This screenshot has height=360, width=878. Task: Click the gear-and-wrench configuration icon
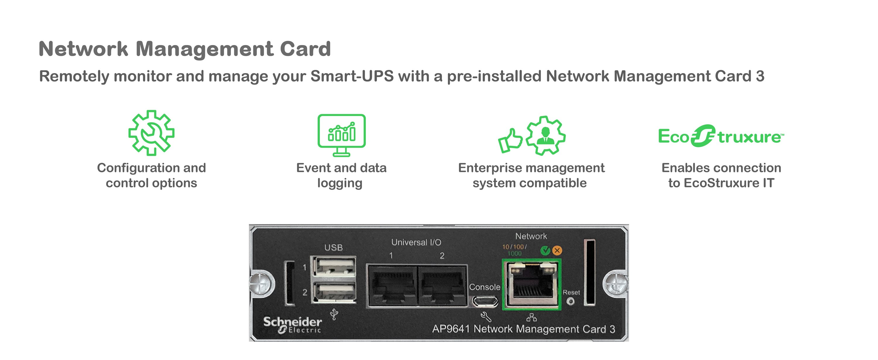pos(151,133)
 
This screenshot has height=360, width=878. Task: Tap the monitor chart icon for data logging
pos(341,135)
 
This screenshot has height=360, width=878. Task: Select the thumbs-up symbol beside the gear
pos(510,140)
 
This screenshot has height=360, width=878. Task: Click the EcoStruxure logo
pos(721,136)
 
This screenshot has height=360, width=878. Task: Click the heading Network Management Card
pos(185,49)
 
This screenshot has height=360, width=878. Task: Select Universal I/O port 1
pos(392,285)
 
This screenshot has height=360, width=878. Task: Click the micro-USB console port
pos(485,301)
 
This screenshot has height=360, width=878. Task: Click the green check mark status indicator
pos(545,251)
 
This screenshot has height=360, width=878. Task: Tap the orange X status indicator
pos(557,251)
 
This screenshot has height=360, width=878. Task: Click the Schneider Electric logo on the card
pos(292,324)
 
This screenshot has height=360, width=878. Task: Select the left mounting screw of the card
pos(261,283)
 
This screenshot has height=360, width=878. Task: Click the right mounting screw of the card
pos(615,283)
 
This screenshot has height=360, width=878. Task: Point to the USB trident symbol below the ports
pos(334,314)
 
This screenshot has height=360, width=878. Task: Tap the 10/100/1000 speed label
pos(514,250)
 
